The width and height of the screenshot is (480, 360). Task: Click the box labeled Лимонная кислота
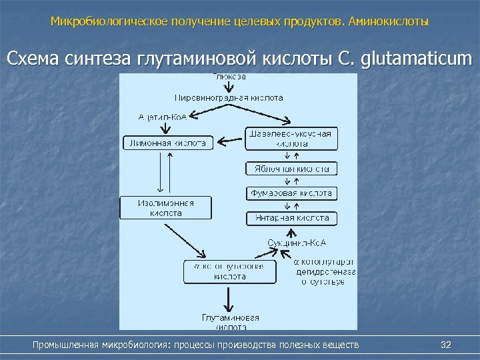coord(168,143)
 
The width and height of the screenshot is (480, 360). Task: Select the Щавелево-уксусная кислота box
coord(291,138)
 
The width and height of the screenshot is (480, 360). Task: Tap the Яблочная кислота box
coord(291,169)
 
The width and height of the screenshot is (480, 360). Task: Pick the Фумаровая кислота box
coord(291,193)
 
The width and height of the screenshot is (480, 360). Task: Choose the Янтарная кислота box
coord(291,218)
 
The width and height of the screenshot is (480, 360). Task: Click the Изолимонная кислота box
coord(165,208)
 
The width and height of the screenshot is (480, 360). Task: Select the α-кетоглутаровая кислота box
coord(229,271)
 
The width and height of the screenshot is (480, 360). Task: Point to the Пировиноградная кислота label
coord(229,97)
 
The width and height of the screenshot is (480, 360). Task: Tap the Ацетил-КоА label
coord(163,117)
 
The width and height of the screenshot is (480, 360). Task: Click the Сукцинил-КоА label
coord(291,241)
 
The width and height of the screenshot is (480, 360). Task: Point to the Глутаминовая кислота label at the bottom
coord(230,321)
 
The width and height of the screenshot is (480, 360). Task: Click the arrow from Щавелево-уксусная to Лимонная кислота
coord(231,141)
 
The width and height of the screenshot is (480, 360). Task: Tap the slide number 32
coord(447,345)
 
